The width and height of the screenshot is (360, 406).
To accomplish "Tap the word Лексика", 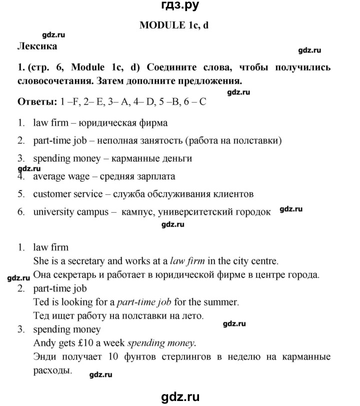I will [37, 47].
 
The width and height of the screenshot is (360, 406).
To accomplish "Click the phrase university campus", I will [71, 212].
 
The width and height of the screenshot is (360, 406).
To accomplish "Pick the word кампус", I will [135, 212].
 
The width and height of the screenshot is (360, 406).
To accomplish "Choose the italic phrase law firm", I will [188, 261].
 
